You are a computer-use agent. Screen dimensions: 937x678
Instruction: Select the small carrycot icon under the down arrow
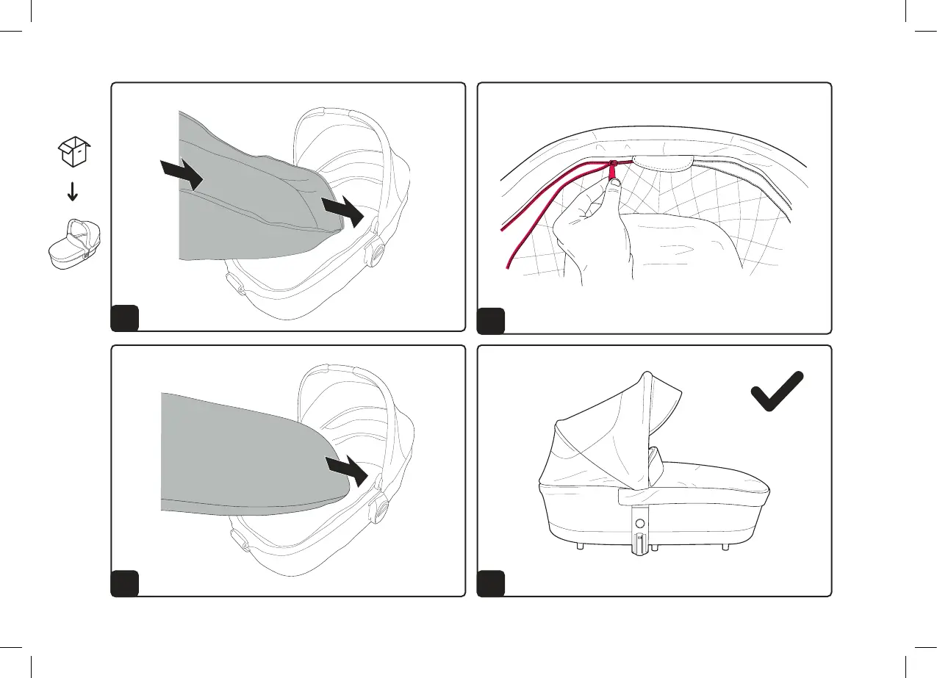point(72,243)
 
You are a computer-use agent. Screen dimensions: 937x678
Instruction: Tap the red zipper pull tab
point(611,170)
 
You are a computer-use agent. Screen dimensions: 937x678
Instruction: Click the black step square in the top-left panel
point(124,319)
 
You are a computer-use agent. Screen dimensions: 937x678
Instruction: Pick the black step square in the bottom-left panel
point(124,583)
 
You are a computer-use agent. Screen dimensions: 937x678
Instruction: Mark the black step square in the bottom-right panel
point(491,583)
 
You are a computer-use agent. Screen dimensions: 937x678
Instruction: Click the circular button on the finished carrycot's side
point(639,524)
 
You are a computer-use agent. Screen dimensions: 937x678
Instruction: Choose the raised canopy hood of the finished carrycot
point(603,433)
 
